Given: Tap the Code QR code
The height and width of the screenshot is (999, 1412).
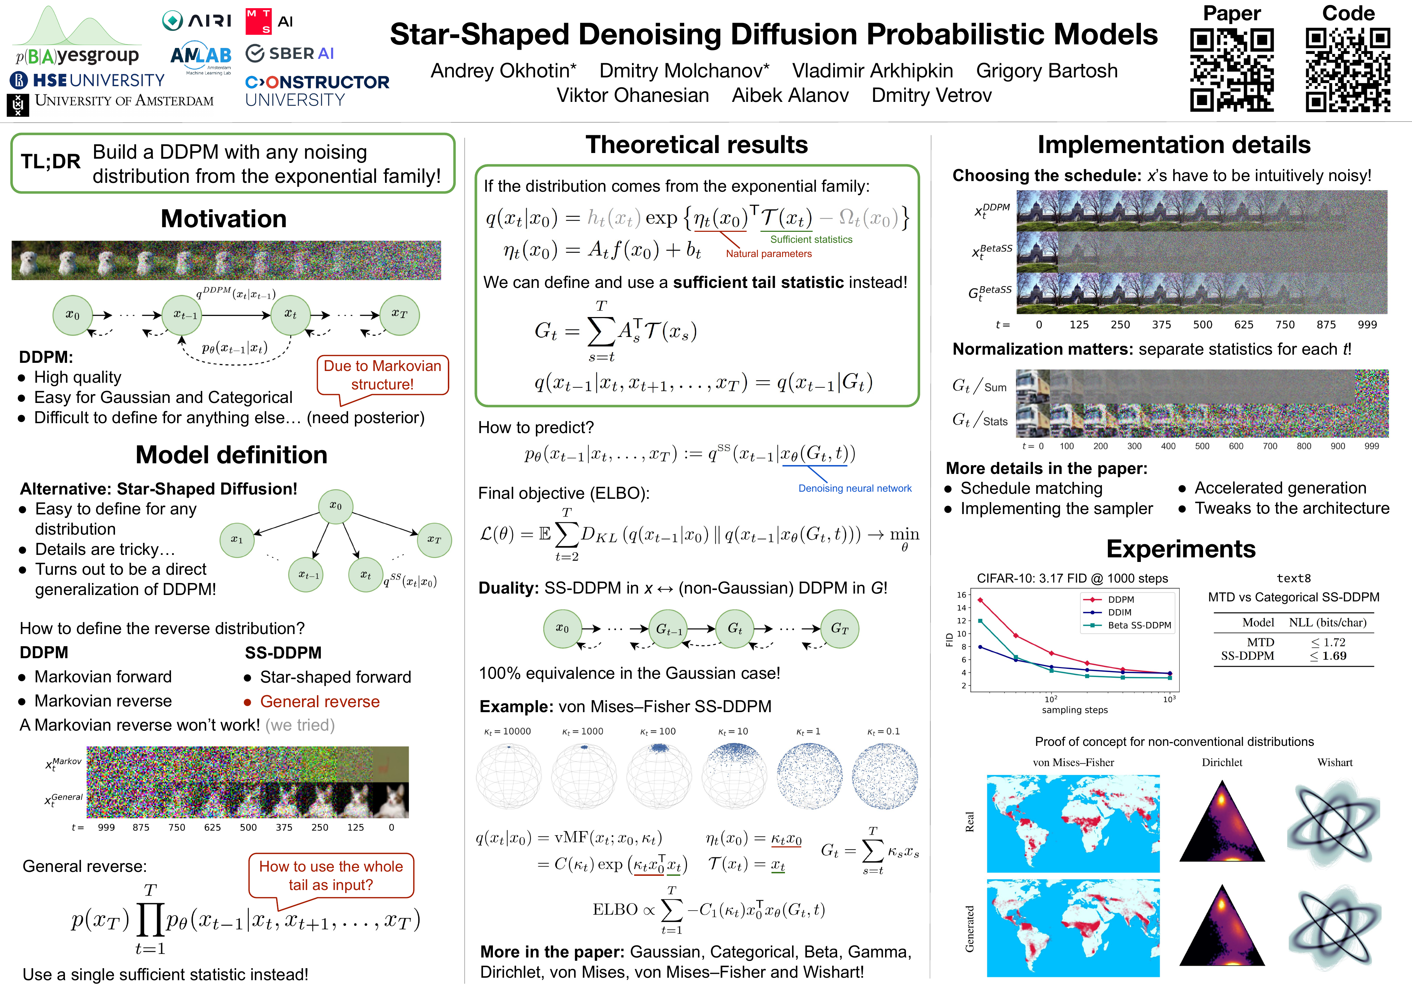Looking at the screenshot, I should [1347, 70].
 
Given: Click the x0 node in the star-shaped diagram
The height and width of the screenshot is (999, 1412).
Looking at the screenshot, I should [335, 506].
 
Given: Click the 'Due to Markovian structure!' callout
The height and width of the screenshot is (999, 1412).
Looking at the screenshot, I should [383, 375].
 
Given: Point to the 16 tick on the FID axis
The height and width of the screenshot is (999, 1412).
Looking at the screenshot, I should [961, 595].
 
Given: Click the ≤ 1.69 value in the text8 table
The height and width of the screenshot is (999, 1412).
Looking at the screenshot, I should [1328, 656].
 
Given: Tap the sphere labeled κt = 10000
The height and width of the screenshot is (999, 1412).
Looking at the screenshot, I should [509, 776].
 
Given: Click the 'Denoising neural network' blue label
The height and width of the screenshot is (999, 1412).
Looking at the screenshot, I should [854, 488].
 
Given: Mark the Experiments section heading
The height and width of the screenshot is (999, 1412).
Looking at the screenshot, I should [1180, 549].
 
